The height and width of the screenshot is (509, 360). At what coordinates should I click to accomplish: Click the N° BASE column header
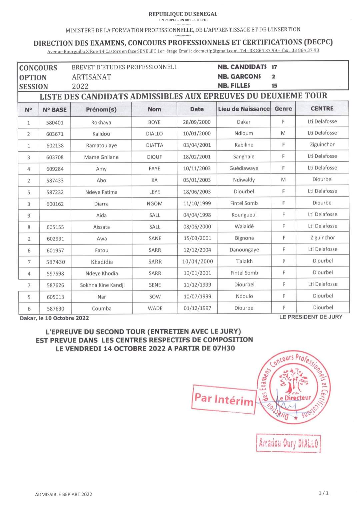coord(55,109)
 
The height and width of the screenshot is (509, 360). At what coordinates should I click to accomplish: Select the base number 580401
coord(55,122)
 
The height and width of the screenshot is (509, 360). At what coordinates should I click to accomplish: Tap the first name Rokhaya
coord(101,122)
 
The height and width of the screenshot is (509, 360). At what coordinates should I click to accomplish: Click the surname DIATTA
coord(155,145)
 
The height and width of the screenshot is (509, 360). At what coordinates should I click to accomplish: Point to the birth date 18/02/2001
coord(197,157)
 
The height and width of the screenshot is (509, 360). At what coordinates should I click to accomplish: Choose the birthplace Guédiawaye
coord(244,168)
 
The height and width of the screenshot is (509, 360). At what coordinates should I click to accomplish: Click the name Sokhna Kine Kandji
coord(102,285)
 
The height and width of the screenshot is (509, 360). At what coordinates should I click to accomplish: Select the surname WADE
coord(155,308)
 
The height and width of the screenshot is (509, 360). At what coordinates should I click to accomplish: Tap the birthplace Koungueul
coord(244,215)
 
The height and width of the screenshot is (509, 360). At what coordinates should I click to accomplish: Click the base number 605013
coord(55,297)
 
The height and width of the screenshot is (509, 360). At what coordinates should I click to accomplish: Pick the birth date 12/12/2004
coord(197,250)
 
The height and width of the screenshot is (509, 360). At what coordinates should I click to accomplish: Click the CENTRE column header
coord(322,108)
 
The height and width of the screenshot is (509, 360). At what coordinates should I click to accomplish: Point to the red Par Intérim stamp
coord(224,399)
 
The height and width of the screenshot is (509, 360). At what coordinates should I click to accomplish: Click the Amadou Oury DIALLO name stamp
coord(288,443)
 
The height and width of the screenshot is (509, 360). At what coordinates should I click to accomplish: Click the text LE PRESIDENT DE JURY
coord(311,317)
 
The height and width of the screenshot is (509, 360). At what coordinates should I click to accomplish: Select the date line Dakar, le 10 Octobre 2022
coord(54,318)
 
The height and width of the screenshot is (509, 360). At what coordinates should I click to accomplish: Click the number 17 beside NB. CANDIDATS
coord(274,67)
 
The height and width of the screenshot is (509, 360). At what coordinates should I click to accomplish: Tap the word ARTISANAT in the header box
coord(91,77)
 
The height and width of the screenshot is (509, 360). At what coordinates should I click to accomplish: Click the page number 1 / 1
coord(323,493)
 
